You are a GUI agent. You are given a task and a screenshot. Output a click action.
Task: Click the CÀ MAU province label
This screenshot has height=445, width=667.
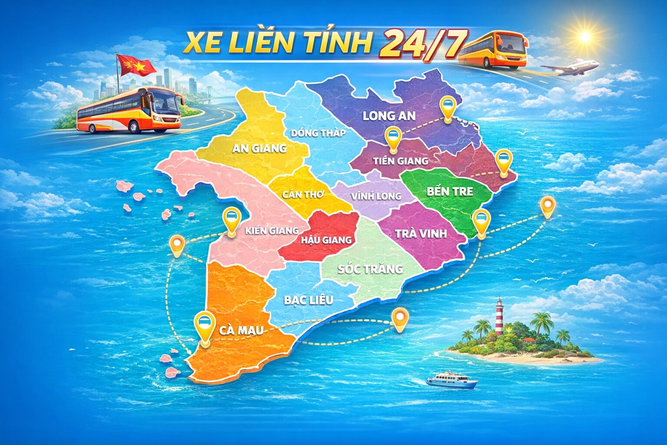click(x=241, y=330)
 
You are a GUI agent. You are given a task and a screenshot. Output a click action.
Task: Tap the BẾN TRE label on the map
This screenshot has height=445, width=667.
click(x=449, y=192)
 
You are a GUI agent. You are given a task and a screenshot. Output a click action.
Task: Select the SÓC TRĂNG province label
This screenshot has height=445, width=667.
click(x=370, y=269)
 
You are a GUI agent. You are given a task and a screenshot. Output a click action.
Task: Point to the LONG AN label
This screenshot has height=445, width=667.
click(x=389, y=116)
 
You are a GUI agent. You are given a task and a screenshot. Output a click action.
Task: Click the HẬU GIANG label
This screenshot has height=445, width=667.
click(x=326, y=239)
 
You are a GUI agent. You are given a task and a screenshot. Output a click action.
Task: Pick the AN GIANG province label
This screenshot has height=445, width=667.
click(x=259, y=148)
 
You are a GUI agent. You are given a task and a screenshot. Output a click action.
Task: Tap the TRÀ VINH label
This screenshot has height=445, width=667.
click(x=421, y=234)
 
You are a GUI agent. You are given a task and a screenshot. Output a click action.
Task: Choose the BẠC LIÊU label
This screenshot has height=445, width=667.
click(x=308, y=300)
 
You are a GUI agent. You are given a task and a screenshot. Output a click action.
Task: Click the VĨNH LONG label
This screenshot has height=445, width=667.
click(x=376, y=196)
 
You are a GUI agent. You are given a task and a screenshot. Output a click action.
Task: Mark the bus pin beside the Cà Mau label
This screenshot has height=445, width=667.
click(x=204, y=324)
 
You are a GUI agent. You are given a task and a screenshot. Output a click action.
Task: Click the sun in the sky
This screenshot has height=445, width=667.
click(x=585, y=37)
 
